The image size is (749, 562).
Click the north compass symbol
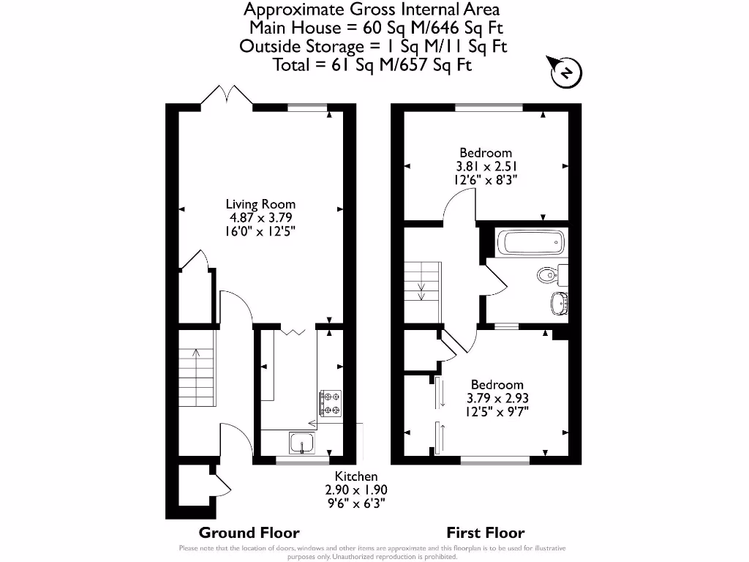coord(565,72)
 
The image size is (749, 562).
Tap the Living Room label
coord(260,204)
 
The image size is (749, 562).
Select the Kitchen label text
coord(356,476)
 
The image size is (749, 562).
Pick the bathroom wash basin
coord(560,301)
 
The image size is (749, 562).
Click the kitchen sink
coord(302,442)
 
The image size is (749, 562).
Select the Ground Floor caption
coord(249,533)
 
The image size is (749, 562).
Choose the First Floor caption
coord(486,533)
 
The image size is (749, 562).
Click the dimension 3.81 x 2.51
coord(484,166)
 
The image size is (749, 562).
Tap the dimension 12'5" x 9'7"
coord(497,411)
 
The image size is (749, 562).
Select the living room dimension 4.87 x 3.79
coord(260,217)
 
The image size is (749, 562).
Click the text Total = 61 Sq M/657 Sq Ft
coord(372,64)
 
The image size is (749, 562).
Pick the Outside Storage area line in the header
coord(372,46)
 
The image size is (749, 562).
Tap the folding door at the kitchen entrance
coord(295,332)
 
